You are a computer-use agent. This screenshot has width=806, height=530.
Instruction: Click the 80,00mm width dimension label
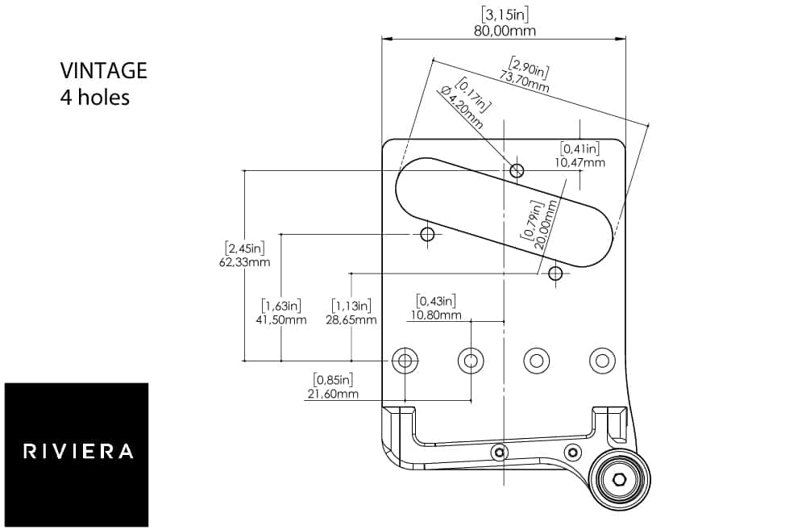[x=504, y=31]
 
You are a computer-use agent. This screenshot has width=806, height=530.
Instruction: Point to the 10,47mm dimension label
[x=580, y=162]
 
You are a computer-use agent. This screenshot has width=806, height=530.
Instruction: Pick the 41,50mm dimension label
[x=281, y=319]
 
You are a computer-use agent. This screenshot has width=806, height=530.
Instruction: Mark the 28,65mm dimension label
[x=351, y=319]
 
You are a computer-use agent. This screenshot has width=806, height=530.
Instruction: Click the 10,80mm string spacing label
[x=436, y=315]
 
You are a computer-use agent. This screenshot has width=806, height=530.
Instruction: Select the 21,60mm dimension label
[x=334, y=394]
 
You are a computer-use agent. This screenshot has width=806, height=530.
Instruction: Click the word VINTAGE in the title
[x=104, y=70]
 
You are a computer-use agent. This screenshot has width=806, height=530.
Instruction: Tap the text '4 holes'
[x=94, y=98]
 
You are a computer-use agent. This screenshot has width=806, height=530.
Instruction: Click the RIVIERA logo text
[x=77, y=451]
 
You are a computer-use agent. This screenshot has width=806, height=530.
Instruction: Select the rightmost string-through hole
[x=602, y=361]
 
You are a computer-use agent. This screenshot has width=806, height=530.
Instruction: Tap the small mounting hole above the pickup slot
[x=517, y=170]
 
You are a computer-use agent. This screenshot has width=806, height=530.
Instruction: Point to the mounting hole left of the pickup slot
[x=427, y=234]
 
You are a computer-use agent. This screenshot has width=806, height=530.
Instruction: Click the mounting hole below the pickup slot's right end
[x=555, y=273]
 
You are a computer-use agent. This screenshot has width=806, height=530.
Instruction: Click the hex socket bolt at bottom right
[x=619, y=479]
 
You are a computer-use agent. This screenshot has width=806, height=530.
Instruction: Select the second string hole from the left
[x=471, y=361]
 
